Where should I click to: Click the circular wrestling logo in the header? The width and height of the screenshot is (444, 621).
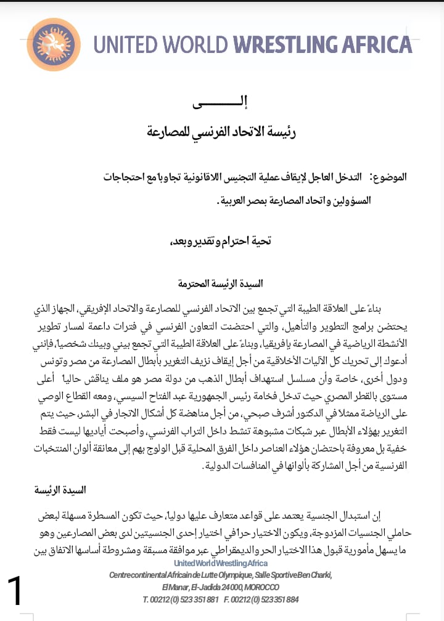[52, 44]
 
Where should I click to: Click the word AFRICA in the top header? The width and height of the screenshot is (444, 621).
[382, 45]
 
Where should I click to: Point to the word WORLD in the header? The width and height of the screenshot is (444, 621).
[197, 45]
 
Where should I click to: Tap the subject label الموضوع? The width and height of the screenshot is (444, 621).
[391, 177]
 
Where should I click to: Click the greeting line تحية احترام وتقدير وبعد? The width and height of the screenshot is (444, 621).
[220, 241]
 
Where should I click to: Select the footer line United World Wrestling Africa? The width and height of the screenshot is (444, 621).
[221, 564]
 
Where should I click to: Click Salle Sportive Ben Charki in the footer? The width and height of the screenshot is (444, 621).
[294, 575]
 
